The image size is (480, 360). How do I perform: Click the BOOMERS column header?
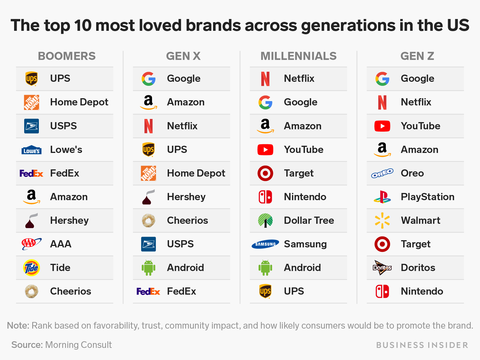[x=67, y=56]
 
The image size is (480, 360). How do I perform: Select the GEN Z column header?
[x=417, y=56]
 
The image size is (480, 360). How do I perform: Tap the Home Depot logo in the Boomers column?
[x=31, y=102]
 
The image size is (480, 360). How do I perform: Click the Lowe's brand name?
[x=66, y=149]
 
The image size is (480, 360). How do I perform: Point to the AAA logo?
[x=31, y=244]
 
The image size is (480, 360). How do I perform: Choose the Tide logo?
[x=31, y=268]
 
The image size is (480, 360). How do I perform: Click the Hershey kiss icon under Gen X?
[x=148, y=197]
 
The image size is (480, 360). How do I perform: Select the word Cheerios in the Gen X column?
[x=187, y=220]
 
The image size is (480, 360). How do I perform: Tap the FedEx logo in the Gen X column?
[x=148, y=292]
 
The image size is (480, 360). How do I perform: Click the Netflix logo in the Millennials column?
[x=265, y=79]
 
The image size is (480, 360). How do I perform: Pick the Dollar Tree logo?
[x=265, y=221]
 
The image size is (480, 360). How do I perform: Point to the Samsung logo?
[x=265, y=244]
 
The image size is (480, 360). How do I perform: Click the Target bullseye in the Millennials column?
[x=265, y=173]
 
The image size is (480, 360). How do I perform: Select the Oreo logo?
[x=382, y=173]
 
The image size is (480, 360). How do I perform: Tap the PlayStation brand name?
[x=427, y=197]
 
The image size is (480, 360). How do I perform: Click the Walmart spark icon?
[x=382, y=221]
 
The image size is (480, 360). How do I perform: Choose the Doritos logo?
[x=382, y=268]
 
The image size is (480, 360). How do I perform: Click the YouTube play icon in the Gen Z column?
[x=382, y=126]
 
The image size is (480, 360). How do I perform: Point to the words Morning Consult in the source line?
[x=78, y=345]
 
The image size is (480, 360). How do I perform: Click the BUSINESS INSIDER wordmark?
[x=422, y=345]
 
